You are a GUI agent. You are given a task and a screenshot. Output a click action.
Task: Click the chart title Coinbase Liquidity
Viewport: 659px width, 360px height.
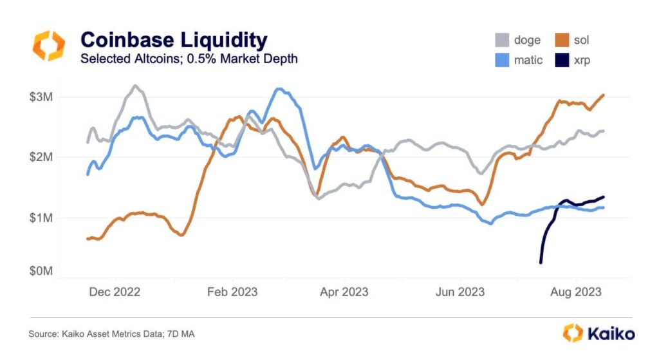pyautogui.click(x=173, y=41)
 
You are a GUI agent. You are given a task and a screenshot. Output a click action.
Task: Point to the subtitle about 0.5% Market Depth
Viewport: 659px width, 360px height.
pyautogui.click(x=189, y=59)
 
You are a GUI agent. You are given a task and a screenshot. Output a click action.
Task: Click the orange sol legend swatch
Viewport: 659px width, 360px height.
pyautogui.click(x=562, y=41)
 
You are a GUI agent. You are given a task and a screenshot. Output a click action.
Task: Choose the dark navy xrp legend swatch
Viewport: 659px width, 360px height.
pyautogui.click(x=562, y=60)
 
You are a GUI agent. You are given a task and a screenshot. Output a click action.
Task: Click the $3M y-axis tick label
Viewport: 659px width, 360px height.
pyautogui.click(x=42, y=97)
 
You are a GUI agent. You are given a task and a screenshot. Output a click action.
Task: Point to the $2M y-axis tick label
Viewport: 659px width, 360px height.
pyautogui.click(x=42, y=157)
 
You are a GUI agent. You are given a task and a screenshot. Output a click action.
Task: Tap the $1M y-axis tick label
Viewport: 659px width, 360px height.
pyautogui.click(x=42, y=218)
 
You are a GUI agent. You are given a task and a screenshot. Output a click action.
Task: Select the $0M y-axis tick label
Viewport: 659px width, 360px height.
pyautogui.click(x=42, y=271)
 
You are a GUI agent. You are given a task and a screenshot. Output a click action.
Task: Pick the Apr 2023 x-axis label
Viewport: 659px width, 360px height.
pyautogui.click(x=344, y=292)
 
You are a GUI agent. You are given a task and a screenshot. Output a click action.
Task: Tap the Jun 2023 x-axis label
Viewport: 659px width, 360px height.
pyautogui.click(x=460, y=292)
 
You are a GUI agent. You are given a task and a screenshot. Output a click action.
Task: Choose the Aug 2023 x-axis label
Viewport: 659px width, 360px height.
pyautogui.click(x=575, y=292)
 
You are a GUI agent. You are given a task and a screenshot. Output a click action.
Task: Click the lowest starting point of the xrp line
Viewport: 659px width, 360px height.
pyautogui.click(x=541, y=262)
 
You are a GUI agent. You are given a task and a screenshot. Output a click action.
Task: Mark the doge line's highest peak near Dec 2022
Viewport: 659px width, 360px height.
pyautogui.click(x=135, y=85)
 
